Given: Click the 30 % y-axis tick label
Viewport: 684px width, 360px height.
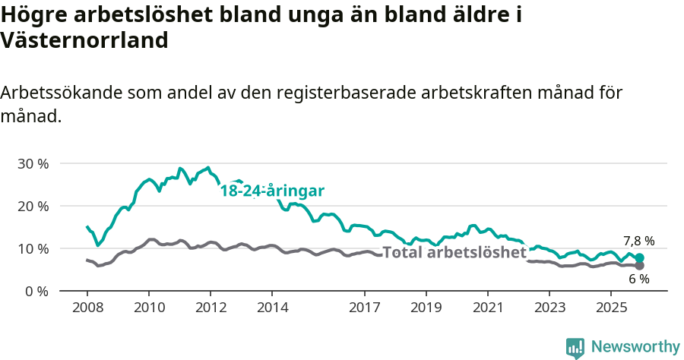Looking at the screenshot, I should pos(33,163).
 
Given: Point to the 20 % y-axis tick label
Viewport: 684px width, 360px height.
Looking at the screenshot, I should pos(33,206).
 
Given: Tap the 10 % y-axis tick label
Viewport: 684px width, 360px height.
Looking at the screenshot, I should pos(33,248).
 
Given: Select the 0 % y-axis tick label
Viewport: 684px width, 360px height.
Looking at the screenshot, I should pos(36,291).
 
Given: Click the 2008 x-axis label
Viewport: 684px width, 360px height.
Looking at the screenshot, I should pos(87,308).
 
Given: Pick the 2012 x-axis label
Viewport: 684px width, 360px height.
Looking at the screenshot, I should pos(211,308).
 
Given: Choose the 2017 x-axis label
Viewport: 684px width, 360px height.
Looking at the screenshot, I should pos(365,308).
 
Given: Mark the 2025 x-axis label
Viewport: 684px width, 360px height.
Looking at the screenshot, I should pos(613,308).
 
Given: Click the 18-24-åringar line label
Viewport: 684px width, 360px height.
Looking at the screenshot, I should pos(272,191).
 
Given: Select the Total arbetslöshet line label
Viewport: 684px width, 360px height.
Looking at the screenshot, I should pos(454,252).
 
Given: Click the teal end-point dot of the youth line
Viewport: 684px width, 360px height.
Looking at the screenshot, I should pos(639,258).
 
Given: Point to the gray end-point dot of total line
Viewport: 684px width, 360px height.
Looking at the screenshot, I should pos(639,266).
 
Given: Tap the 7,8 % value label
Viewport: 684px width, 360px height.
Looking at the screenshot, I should pos(638,241).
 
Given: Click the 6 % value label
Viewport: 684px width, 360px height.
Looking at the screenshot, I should pos(638,279).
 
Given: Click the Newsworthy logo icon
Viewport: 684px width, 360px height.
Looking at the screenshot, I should pos(575,347).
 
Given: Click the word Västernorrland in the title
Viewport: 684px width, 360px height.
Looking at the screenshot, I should pos(84,40).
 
